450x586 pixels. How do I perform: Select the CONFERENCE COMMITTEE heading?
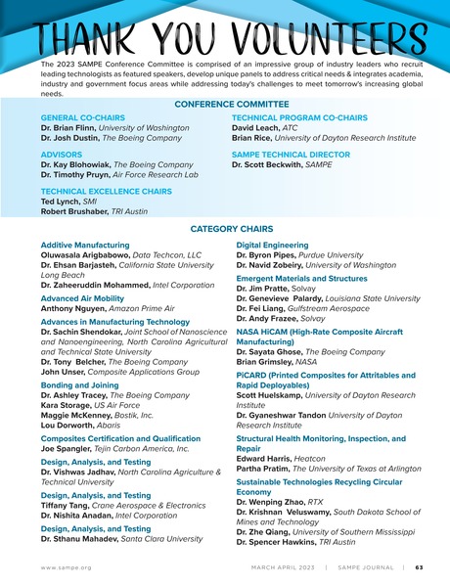click(x=225, y=103)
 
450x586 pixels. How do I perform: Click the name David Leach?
click(x=256, y=127)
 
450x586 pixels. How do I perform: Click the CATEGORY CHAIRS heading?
click(x=224, y=228)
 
